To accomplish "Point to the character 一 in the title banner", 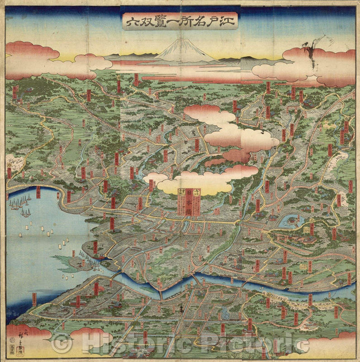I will [170, 21].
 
